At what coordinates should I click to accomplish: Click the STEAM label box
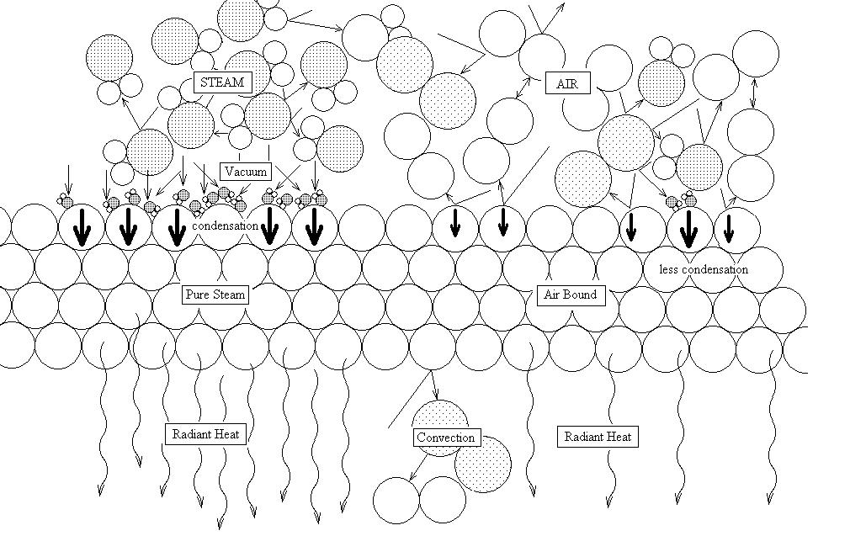pyautogui.click(x=222, y=82)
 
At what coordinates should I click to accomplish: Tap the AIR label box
pyautogui.click(x=567, y=84)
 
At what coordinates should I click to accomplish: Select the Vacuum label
pyautogui.click(x=245, y=172)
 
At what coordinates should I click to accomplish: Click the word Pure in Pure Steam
pyautogui.click(x=199, y=295)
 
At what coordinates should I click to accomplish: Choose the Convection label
pyautogui.click(x=446, y=438)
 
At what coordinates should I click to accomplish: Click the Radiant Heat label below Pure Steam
pyautogui.click(x=205, y=435)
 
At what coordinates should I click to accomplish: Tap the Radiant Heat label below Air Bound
pyautogui.click(x=598, y=437)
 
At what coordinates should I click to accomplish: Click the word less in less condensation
pyautogui.click(x=669, y=270)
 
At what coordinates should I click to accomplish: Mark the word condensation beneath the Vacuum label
pyautogui.click(x=226, y=226)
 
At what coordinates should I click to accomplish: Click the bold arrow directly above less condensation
pyautogui.click(x=688, y=229)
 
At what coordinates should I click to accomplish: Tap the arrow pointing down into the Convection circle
pyautogui.click(x=434, y=387)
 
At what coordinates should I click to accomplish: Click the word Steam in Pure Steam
pyautogui.click(x=229, y=295)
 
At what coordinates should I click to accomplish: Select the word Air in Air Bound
pyautogui.click(x=553, y=295)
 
